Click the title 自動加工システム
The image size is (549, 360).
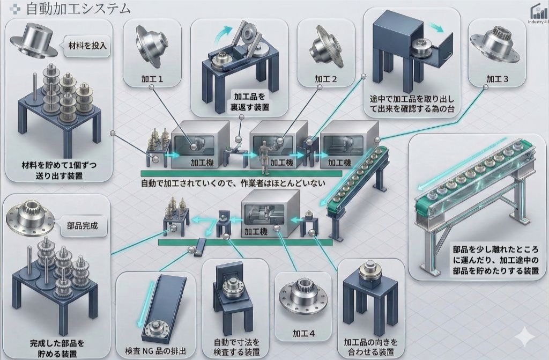tap(78, 9)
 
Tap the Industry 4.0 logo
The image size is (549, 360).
tap(537, 15)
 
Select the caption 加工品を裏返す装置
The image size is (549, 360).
tap(251, 101)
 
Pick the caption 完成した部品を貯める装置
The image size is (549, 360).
tap(57, 348)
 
